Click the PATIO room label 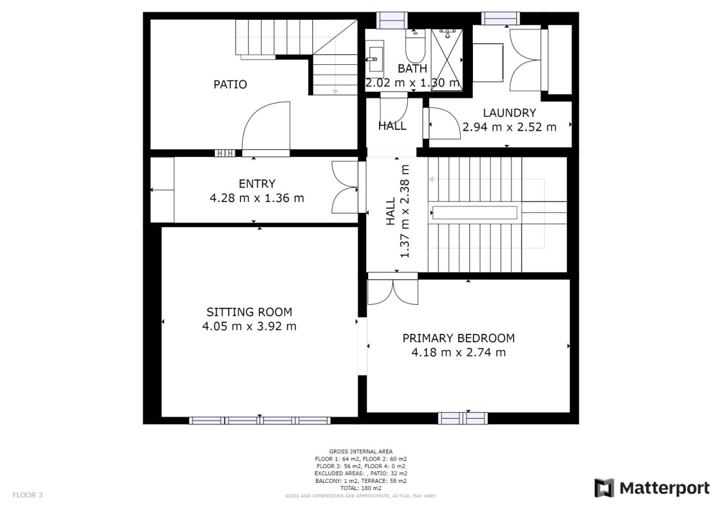pos(230,84)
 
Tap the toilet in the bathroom pos(415,46)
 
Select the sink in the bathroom pos(375,59)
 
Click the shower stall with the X pos(446,60)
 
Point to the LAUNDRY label pos(509,112)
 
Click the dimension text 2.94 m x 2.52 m pos(509,127)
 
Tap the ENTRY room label pos(257,183)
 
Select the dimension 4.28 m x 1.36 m pos(257,198)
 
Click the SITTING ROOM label pos(249,312)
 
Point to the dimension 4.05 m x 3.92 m pos(249,326)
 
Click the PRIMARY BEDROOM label pos(458,338)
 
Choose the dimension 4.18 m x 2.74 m pos(458,352)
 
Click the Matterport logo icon pos(604,488)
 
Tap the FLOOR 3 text pos(28,495)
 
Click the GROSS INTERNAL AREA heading pos(360,452)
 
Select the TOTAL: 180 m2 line pos(360,488)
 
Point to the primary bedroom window pos(463,418)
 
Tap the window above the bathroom pos(392,20)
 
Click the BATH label pos(412,69)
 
